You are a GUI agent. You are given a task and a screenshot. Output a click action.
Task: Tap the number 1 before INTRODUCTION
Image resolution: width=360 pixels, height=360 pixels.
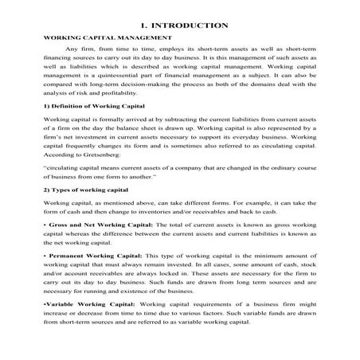141,25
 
